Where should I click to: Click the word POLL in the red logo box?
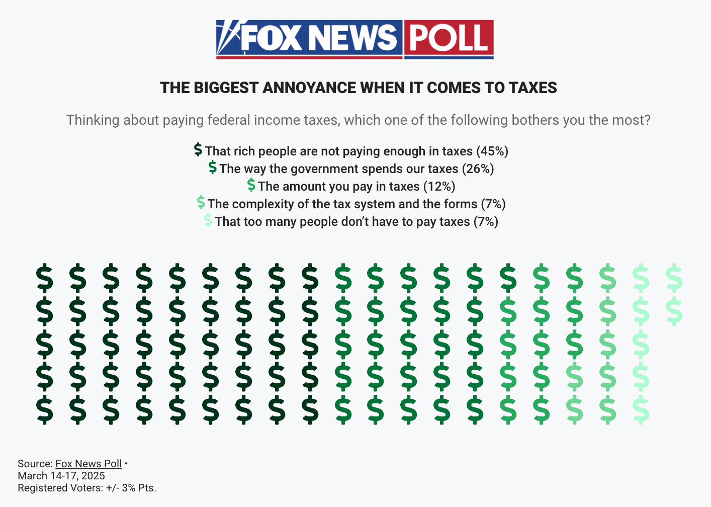click(449, 38)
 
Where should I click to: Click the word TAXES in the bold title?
click(532, 88)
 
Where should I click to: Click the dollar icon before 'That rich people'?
click(198, 150)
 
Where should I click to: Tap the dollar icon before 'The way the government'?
click(213, 167)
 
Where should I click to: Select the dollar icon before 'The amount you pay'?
click(251, 185)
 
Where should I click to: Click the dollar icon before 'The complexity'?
click(201, 203)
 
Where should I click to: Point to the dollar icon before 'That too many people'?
click(208, 220)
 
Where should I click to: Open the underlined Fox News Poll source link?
click(88, 464)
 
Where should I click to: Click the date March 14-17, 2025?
click(61, 476)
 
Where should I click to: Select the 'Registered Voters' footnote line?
click(87, 488)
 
